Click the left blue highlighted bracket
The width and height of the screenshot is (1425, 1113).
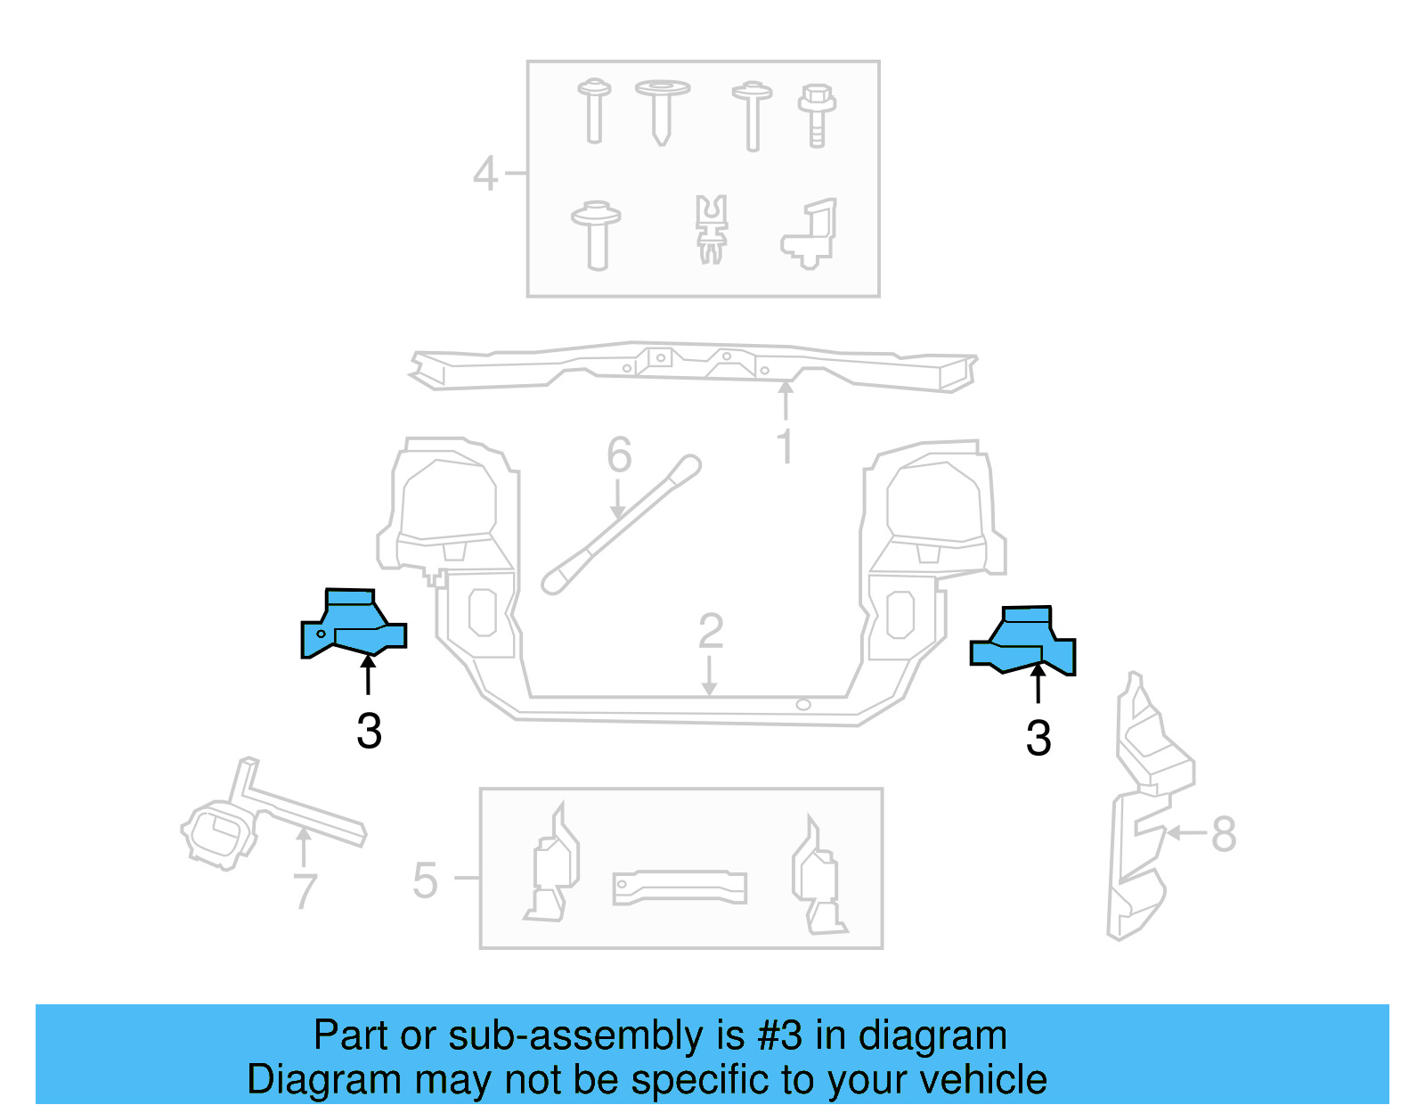click(353, 626)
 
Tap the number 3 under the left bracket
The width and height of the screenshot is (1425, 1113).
click(369, 732)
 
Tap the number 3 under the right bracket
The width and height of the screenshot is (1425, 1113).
click(1038, 739)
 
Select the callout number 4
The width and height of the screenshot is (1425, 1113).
click(485, 174)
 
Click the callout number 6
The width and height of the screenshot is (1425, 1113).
click(619, 455)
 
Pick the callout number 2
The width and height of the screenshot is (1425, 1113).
click(710, 632)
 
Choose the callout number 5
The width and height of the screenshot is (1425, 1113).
click(426, 881)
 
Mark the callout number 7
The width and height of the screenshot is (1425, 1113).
click(305, 891)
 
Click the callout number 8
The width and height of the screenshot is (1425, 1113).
click(1224, 835)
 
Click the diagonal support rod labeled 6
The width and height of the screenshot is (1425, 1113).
click(621, 526)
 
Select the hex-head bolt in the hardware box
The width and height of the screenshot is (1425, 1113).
click(817, 115)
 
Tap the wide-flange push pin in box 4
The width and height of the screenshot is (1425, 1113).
click(662, 111)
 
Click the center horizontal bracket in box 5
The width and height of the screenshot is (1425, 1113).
click(680, 888)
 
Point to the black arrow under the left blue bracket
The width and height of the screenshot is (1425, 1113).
click(368, 674)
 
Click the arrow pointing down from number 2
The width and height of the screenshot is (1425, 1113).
click(709, 677)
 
